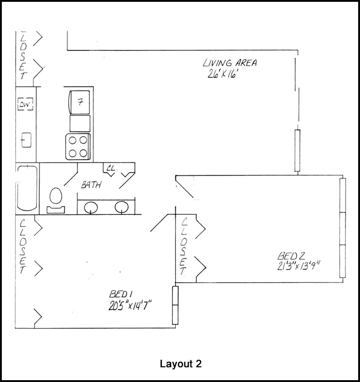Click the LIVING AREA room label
(229, 63)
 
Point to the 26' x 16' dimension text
(222, 75)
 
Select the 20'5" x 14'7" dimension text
(129, 306)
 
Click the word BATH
(91, 185)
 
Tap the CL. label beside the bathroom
(111, 169)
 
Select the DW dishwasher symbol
(24, 105)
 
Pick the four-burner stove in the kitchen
(78, 147)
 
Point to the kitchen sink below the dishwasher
(26, 140)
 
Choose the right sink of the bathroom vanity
(121, 207)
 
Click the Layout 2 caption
(180, 364)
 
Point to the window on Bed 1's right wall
(175, 305)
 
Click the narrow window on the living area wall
(297, 151)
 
